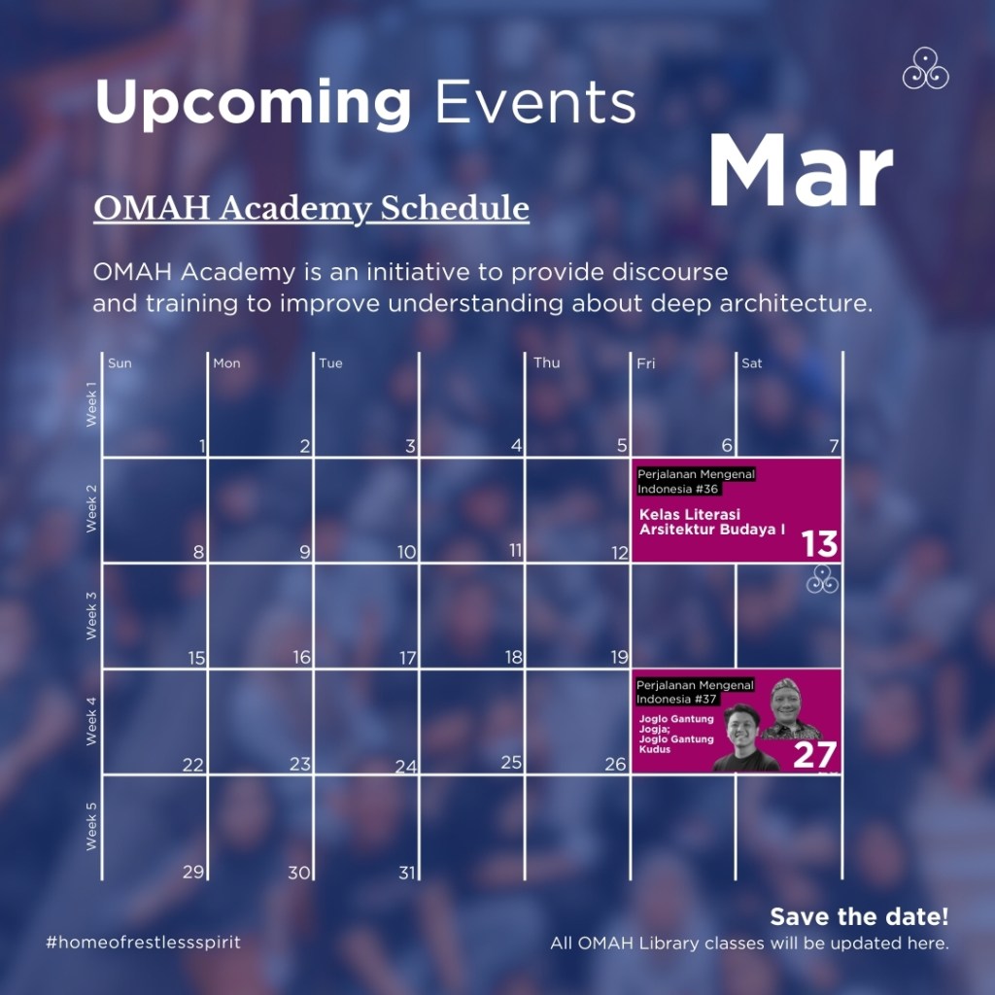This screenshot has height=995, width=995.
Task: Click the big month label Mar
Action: coord(801,171)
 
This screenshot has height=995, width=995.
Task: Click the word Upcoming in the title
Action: coord(254,103)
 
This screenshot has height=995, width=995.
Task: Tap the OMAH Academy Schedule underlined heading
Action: coord(312,209)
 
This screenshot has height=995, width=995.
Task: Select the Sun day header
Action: coord(120,363)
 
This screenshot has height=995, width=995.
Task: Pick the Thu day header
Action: coord(546,362)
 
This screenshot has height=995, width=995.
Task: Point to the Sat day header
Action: coord(751,363)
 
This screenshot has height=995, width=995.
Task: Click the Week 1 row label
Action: coord(91,403)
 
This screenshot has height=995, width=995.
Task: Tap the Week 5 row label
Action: coord(91,826)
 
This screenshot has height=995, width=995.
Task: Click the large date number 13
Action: coord(819,544)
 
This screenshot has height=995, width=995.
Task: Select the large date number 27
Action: coord(815,755)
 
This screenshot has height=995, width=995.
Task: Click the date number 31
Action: coord(407,874)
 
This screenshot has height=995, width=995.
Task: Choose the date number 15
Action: coord(196,658)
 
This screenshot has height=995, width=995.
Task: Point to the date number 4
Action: coord(517,446)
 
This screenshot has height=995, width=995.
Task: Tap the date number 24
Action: coord(406,768)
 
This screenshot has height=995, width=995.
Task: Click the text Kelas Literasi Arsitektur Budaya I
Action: coord(712,522)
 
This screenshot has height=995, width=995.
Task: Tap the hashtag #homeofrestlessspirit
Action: coord(144,943)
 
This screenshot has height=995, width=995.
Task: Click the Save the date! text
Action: coord(859,916)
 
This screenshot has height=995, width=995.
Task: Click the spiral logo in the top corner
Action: coord(925,68)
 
